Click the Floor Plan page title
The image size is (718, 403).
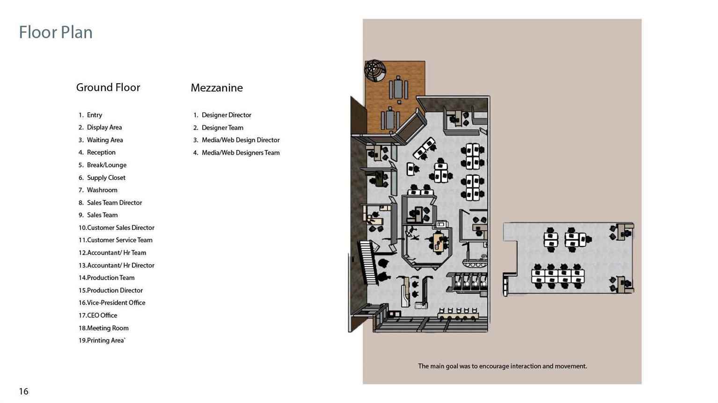point(56,32)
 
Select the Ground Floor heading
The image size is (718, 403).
point(108,87)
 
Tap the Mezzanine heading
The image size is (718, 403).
point(217,88)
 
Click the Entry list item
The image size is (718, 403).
point(90,115)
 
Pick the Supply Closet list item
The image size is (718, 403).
point(102,178)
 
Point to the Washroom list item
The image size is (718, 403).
point(98,190)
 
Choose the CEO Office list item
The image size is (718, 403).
point(98,315)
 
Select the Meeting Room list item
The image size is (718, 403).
point(103,328)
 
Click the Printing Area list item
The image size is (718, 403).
point(102,340)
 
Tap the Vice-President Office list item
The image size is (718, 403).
point(112,303)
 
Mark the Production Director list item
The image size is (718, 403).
point(110,290)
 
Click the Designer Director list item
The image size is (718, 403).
point(222,115)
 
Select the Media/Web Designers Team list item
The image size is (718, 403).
point(236,153)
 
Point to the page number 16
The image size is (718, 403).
point(24,391)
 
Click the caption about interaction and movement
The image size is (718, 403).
point(502,366)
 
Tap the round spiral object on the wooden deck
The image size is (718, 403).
point(375,70)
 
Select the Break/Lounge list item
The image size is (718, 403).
point(103,165)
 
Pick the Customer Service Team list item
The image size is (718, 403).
point(116,240)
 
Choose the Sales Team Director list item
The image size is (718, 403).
point(110,202)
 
